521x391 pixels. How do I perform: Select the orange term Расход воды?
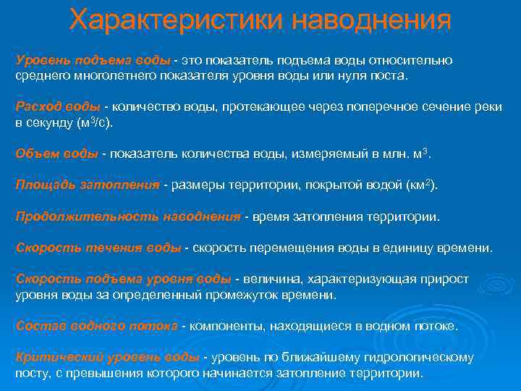coord(58,106)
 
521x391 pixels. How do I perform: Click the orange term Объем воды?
coord(56,154)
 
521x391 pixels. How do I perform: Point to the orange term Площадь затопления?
coord(87,185)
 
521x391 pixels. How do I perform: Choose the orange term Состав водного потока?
coord(96,326)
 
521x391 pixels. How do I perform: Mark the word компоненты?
coord(225,326)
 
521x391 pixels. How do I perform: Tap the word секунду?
coord(51,123)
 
